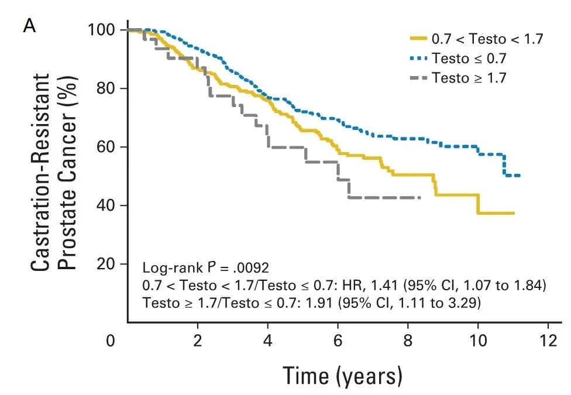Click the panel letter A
(29, 27)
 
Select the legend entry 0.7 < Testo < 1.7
(487, 39)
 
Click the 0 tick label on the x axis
(111, 341)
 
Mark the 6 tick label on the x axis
(338, 341)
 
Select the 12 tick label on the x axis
(548, 341)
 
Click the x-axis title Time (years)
(343, 375)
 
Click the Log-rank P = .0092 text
(205, 269)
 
